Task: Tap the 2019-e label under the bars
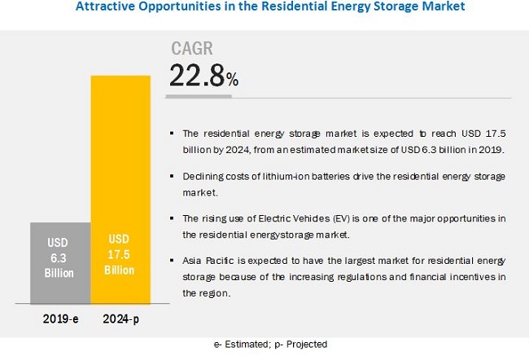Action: point(60,320)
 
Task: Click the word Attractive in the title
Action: point(103,8)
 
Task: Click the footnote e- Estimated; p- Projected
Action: point(264,345)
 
